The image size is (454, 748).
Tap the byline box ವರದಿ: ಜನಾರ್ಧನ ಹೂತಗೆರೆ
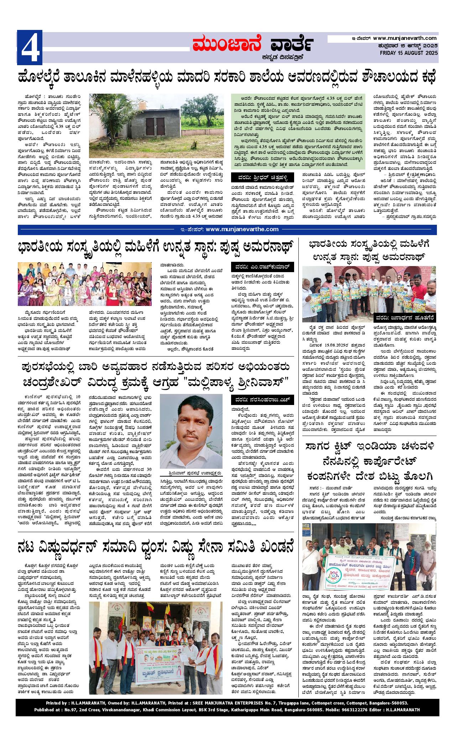405,317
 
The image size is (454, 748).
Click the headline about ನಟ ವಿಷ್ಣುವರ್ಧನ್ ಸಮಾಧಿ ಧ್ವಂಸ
156,547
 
